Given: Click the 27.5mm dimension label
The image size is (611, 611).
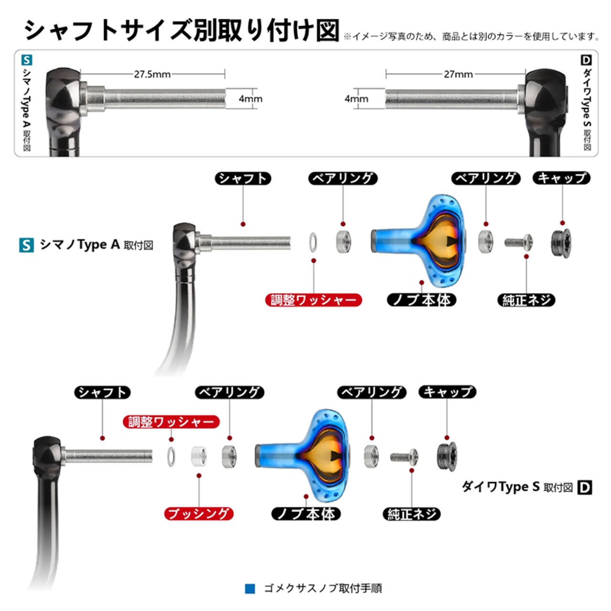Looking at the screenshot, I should pyautogui.click(x=152, y=74).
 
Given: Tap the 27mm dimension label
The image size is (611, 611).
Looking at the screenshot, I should pyautogui.click(x=458, y=74).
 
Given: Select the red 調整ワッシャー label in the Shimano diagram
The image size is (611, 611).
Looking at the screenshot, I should pyautogui.click(x=313, y=300).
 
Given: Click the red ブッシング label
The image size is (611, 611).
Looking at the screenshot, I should pyautogui.click(x=199, y=514).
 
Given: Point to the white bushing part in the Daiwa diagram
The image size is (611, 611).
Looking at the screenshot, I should pyautogui.click(x=200, y=456).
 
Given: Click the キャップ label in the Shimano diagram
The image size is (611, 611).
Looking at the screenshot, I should pyautogui.click(x=562, y=178).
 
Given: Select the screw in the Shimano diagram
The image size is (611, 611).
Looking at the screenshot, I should pyautogui.click(x=519, y=242).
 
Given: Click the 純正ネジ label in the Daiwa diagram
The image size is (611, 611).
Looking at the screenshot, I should pyautogui.click(x=411, y=514).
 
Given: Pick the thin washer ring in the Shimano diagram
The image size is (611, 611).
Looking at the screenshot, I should pyautogui.click(x=313, y=242).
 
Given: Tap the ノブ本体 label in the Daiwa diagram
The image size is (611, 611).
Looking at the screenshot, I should pyautogui.click(x=306, y=514).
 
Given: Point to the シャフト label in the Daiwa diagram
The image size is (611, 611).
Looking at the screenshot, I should pyautogui.click(x=102, y=392).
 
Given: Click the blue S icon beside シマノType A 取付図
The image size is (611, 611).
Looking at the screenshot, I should pyautogui.click(x=26, y=245).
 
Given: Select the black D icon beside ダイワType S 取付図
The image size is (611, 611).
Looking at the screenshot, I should pyautogui.click(x=585, y=487).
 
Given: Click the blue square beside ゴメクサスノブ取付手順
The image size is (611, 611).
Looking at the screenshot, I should pyautogui.click(x=250, y=589).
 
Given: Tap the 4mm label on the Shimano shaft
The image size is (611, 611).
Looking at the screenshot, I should pyautogui.click(x=251, y=99).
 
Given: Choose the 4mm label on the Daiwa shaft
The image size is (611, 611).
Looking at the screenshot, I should pyautogui.click(x=356, y=99).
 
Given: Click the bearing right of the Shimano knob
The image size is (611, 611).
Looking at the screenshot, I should pyautogui.click(x=486, y=242).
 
